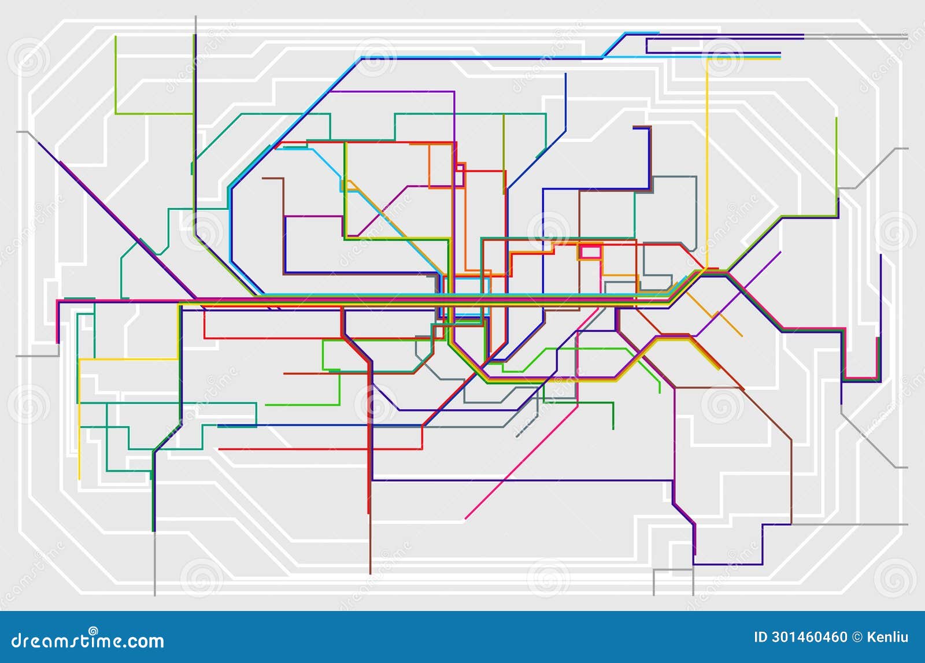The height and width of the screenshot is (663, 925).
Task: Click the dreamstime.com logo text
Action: [88, 640]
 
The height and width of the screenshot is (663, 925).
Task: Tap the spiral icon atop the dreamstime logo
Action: [93, 631]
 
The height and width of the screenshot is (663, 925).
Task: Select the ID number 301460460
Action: [809, 637]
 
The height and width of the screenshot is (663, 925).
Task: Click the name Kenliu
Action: [888, 637]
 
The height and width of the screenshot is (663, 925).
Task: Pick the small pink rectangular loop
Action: [590, 252]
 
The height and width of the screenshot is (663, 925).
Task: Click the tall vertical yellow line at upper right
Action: [706, 162]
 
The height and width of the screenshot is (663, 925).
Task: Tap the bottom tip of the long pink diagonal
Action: [466, 518]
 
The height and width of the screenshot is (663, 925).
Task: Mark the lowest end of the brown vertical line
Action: [370, 573]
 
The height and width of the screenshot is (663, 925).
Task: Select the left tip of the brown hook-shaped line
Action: [263, 178]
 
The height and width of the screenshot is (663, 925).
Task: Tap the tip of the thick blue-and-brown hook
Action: [634, 127]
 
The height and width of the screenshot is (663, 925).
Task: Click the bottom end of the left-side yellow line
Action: [79, 479]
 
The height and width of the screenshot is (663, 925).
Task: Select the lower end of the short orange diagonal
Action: [742, 336]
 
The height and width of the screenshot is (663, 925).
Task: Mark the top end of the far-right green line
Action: [836, 118]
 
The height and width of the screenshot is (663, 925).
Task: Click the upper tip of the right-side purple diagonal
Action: [780, 252]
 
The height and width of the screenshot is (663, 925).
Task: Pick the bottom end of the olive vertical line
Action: [504, 193]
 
